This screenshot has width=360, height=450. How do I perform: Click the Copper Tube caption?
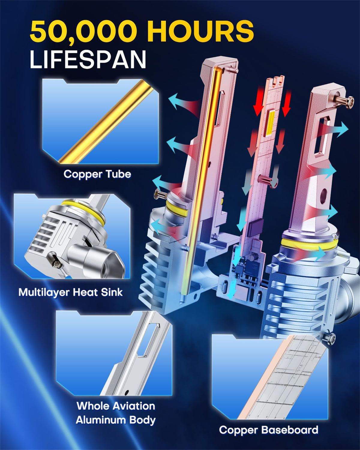[97, 174]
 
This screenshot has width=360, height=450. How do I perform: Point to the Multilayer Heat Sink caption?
[70, 292]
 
